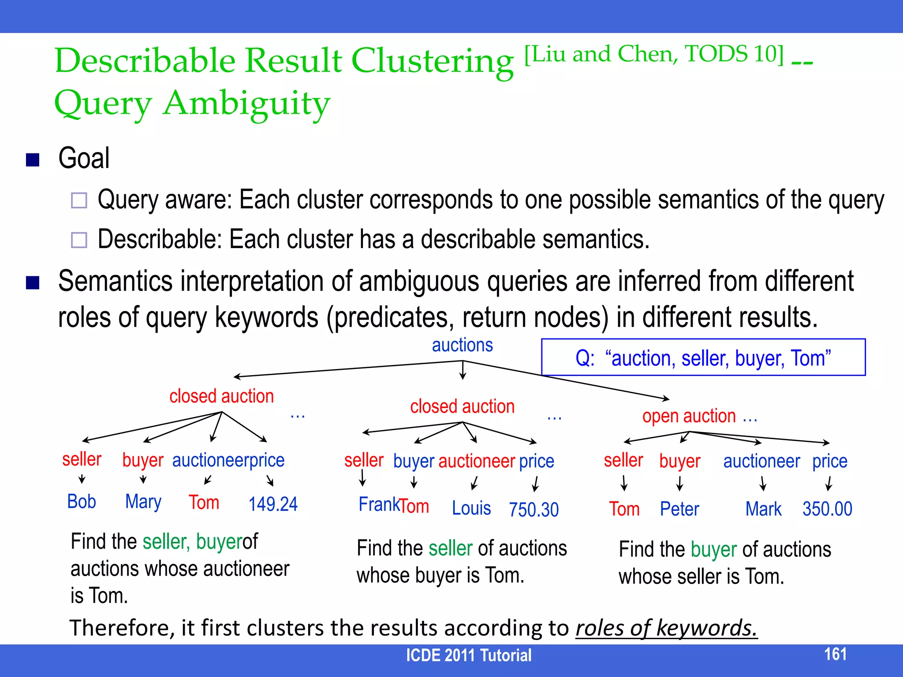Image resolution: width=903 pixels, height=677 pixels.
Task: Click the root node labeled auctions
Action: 462,345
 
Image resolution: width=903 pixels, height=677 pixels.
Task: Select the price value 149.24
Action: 273,504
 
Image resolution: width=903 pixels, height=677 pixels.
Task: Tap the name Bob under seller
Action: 82,502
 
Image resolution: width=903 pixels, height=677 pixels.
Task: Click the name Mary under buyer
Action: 143,502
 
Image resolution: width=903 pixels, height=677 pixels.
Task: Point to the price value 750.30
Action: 534,510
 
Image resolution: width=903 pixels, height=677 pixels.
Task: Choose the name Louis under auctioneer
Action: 471,508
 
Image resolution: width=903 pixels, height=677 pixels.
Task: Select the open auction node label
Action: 689,416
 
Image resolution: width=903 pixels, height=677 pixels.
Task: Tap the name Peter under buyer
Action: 679,509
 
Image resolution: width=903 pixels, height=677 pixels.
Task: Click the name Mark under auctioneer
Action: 763,509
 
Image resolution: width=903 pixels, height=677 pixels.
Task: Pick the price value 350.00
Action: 827,509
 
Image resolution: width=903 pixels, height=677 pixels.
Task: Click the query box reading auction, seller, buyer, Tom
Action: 703,357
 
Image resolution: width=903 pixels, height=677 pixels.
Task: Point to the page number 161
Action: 835,654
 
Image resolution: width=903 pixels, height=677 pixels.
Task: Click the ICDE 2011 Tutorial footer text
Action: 469,655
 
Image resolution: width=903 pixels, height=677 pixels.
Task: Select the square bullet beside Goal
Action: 33,160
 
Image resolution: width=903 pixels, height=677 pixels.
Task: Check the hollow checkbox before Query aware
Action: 79,201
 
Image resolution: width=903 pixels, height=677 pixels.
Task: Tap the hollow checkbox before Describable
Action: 79,240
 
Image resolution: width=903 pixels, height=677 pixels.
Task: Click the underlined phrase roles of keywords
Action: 666,628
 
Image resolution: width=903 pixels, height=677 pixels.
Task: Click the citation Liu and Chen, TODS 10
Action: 654,55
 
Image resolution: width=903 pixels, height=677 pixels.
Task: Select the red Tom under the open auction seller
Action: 624,509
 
